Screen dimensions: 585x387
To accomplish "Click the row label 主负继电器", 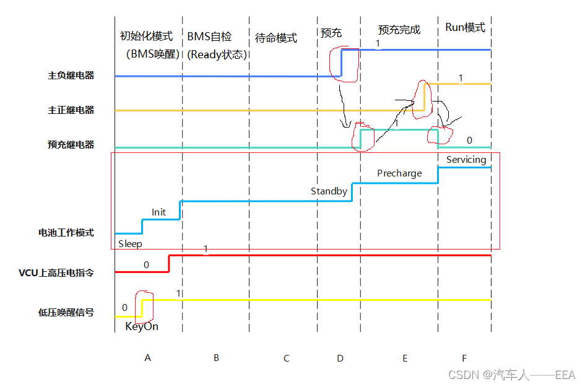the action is pos(71,76).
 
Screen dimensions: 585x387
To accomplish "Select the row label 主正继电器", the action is pos(71,110).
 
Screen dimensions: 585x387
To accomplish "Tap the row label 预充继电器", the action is pos(71,145).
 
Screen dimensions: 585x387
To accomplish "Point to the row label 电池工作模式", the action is pos(67,233).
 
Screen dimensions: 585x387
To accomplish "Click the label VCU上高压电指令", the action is pos(56,272).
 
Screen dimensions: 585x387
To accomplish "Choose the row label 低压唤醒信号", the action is pos(67,312).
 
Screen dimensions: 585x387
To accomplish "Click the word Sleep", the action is pos(130,244).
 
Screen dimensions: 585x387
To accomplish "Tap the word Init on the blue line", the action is pos(158,212).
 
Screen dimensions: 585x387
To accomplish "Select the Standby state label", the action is pos(329,191).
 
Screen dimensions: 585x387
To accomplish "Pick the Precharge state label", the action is pos(399,173).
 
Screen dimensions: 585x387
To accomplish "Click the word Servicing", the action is pos(466,160).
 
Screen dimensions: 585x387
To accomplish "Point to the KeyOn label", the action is pos(142,326).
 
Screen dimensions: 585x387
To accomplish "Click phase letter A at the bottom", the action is pos(147,358).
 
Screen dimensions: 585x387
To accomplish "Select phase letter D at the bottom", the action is pos(340,358).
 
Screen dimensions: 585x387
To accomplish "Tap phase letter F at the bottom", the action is pos(464,358).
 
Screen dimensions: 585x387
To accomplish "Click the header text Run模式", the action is pos(465,28).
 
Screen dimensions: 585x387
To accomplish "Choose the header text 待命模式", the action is pos(276,38).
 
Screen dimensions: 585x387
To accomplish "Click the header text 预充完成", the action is pos(399,30).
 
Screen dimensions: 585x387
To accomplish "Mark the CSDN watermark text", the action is pos(511,375).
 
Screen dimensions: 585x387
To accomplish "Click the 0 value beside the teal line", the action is pos(469,141).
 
